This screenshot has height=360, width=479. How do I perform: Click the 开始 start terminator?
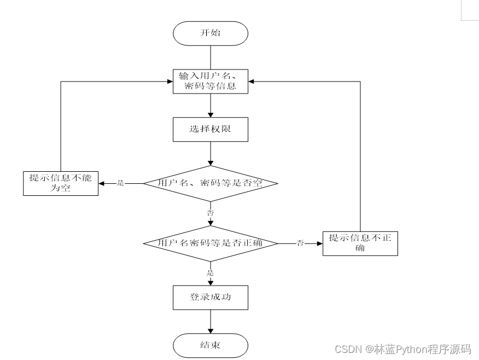tap(211, 33)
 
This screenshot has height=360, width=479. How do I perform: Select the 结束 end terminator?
tap(211, 346)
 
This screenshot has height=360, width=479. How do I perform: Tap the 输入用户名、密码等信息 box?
tap(211, 81)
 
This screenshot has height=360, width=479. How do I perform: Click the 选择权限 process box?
tap(211, 130)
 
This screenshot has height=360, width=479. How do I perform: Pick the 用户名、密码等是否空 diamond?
tap(211, 183)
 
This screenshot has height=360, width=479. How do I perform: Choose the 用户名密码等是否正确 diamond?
tap(211, 243)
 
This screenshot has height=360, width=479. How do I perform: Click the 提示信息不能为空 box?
tap(61, 183)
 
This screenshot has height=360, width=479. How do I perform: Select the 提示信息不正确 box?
tap(360, 243)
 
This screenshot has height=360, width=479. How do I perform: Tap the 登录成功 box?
tap(211, 298)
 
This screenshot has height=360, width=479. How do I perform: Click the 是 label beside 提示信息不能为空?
tap(121, 183)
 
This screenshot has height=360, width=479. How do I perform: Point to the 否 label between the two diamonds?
tap(211, 212)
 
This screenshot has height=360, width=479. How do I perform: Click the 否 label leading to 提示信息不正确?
tap(300, 243)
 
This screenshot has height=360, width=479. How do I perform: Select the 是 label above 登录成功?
tap(211, 272)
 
